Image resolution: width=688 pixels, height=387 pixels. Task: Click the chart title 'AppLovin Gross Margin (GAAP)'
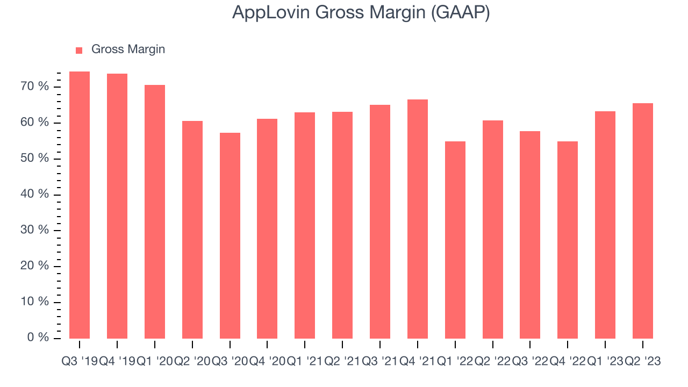(361, 13)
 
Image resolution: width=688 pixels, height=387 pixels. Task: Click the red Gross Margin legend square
(79, 50)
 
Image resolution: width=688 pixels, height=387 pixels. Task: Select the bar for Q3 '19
(80, 205)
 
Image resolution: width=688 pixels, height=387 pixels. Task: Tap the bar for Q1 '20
(155, 212)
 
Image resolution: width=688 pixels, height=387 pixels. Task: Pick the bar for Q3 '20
(230, 235)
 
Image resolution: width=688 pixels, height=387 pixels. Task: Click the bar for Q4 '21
(418, 219)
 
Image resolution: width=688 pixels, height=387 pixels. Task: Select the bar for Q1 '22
(455, 240)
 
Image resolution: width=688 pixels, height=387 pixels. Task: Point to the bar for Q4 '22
(568, 240)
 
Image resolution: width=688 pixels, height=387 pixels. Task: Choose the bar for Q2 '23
(643, 221)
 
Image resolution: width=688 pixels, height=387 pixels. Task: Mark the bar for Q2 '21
(342, 225)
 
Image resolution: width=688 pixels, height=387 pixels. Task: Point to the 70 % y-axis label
(35, 87)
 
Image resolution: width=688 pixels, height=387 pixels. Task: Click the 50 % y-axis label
(35, 159)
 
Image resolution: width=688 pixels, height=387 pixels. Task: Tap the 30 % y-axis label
(35, 230)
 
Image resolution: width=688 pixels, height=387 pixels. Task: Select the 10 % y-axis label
(35, 302)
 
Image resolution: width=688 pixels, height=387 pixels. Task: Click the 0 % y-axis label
(39, 338)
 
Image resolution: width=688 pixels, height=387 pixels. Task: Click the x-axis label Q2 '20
(192, 362)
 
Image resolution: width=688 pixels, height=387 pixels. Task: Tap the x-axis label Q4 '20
(267, 362)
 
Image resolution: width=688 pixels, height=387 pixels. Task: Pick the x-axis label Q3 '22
(530, 362)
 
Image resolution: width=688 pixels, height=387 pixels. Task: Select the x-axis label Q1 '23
(605, 362)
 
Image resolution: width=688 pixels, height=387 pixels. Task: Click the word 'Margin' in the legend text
(146, 49)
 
